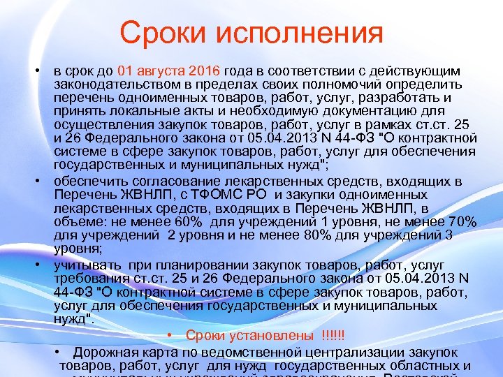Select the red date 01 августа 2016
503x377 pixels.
[x=169, y=71]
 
